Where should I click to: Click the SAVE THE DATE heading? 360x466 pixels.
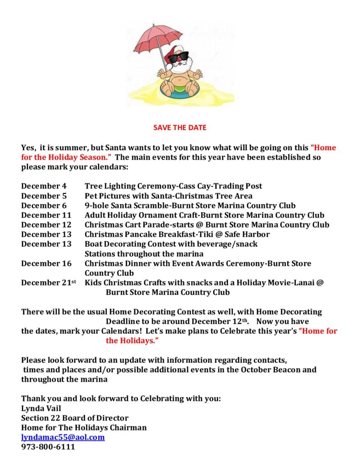click(180, 127)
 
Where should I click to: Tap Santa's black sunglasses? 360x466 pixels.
click(178, 57)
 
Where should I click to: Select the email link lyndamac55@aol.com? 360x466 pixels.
click(63, 437)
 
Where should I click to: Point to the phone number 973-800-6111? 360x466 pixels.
click(48, 447)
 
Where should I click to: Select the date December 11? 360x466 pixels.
click(46, 215)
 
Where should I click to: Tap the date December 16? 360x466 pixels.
click(46, 263)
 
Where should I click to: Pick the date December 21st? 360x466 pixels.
click(48, 283)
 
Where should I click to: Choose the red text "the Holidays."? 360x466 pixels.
click(132, 340)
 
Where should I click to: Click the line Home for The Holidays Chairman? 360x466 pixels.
click(84, 428)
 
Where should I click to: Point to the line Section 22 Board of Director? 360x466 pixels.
click(75, 418)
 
